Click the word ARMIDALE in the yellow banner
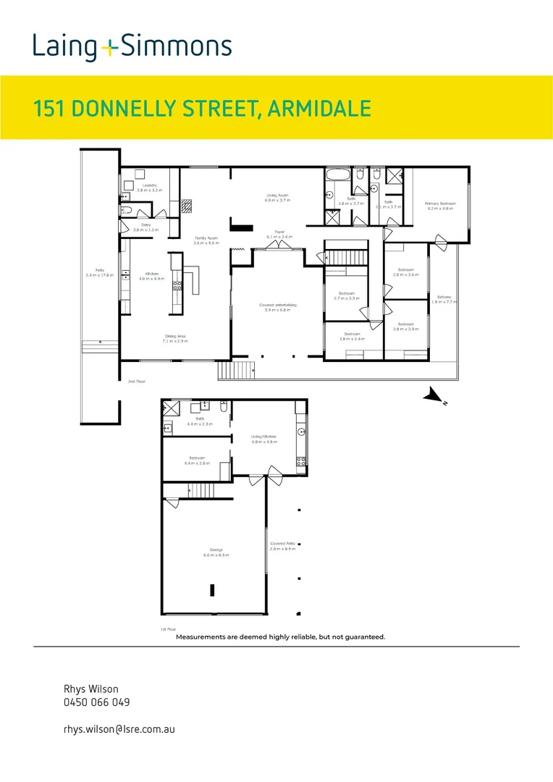click(x=319, y=109)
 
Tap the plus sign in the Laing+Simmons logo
click(x=109, y=49)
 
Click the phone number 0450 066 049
click(x=97, y=702)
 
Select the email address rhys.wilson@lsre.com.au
click(x=119, y=729)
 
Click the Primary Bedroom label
click(x=440, y=203)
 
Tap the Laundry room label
click(x=150, y=186)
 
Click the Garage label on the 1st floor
click(x=216, y=550)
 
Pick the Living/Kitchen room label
click(x=265, y=437)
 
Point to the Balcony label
click(x=444, y=296)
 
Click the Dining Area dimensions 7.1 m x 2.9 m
click(x=175, y=340)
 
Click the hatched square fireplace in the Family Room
click(x=187, y=205)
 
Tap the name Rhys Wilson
click(x=90, y=689)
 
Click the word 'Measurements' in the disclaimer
click(x=205, y=637)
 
